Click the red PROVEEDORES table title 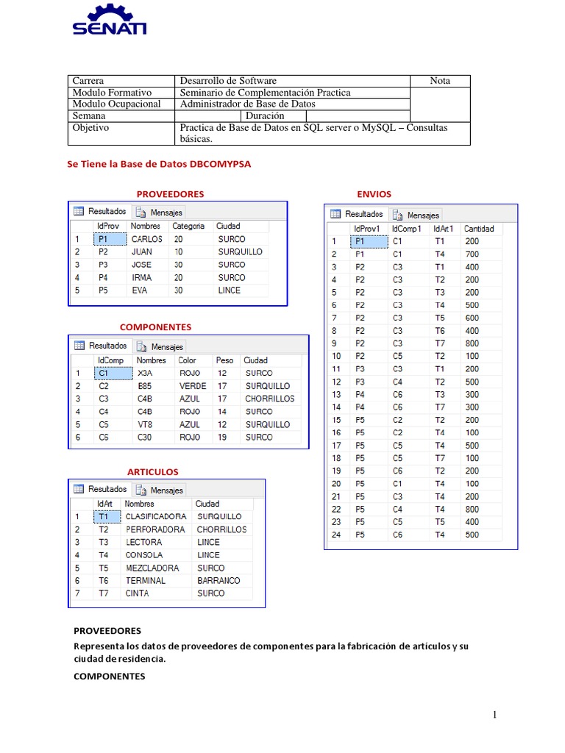tap(170, 194)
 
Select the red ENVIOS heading tap(374, 194)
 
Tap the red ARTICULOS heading tap(153, 471)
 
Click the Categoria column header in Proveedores tap(188, 226)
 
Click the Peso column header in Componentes tap(224, 360)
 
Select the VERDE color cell tap(192, 386)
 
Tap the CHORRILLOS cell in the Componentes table tap(269, 399)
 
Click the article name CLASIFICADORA tap(155, 516)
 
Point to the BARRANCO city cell tap(218, 580)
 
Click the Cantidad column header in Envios tap(480, 229)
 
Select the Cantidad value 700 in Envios tap(472, 254)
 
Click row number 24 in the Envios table tap(335, 535)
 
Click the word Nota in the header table tap(439, 81)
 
